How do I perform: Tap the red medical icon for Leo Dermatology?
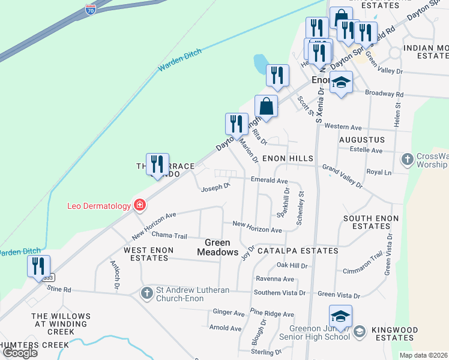coord(139,206)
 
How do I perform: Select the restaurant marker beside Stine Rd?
coord(38,266)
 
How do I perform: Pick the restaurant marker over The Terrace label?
coord(157,163)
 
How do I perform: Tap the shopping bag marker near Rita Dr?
coord(266,107)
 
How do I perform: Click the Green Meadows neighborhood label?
coord(218,247)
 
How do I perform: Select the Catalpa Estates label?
coord(298,251)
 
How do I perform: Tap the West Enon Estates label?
coord(149,254)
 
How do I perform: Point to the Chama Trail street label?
coord(170,235)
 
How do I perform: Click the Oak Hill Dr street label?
coord(292,265)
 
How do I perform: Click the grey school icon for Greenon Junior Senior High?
coord(358,331)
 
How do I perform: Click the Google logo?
coord(20,353)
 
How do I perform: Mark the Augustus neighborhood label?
coord(361,139)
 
